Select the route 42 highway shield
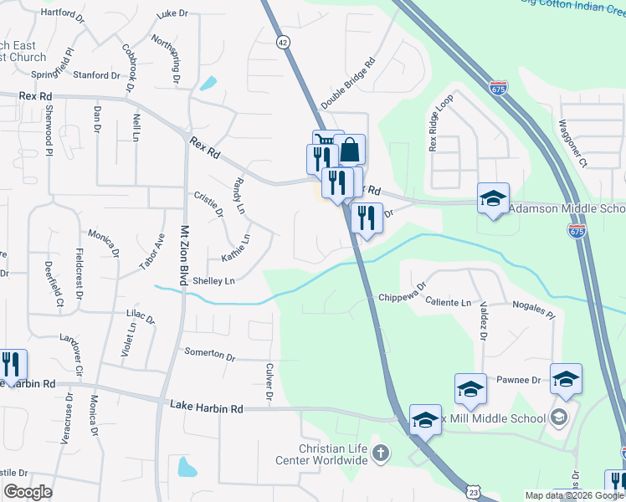pyautogui.click(x=284, y=40)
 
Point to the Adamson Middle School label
pyautogui.click(x=567, y=209)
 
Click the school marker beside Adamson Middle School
pyautogui.click(x=493, y=198)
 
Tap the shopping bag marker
pyautogui.click(x=350, y=151)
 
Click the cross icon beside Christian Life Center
pyautogui.click(x=381, y=453)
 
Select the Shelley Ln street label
pyautogui.click(x=213, y=281)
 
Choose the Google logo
pyautogui.click(x=28, y=492)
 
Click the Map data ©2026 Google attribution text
pyautogui.click(x=573, y=495)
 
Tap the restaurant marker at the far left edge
pyautogui.click(x=12, y=365)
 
